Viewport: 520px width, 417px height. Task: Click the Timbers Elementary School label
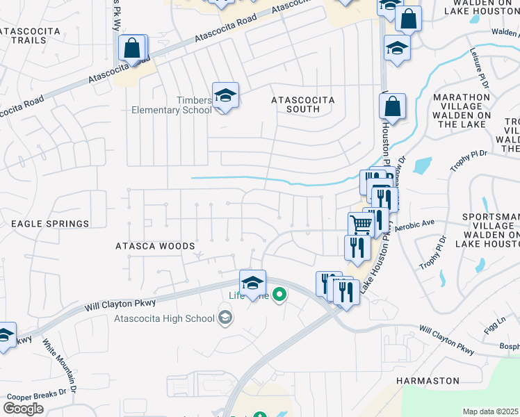coord(172,105)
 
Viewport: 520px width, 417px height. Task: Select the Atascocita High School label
coord(164,319)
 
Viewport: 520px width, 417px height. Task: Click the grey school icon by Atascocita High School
coord(225,318)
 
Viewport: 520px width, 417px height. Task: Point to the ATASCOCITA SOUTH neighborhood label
coord(302,104)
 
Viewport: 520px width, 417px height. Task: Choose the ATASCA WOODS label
coord(155,246)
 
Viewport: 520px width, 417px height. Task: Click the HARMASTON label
coord(428,381)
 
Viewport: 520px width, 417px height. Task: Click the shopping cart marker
coord(361,225)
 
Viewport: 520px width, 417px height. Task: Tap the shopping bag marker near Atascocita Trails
coord(131,49)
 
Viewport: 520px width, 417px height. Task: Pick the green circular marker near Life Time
coord(279,296)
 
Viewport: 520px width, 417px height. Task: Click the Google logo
coord(23,408)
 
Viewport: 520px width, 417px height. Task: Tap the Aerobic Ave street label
coord(414,225)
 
